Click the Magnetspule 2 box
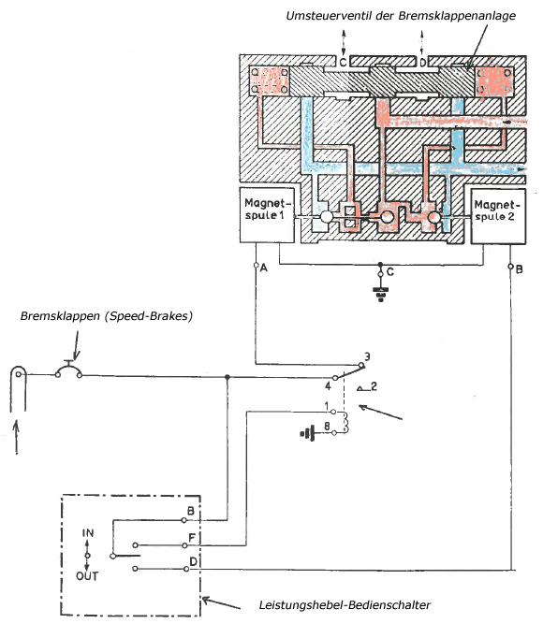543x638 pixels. point(494,215)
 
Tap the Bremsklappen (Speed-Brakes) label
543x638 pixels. point(106,316)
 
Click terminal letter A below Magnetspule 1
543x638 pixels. point(265,268)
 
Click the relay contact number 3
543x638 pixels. point(368,356)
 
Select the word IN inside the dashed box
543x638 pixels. point(88,532)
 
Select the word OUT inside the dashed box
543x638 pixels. point(88,576)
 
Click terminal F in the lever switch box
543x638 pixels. point(191,538)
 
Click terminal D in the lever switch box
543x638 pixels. point(191,561)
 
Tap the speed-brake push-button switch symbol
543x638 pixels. point(67,370)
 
